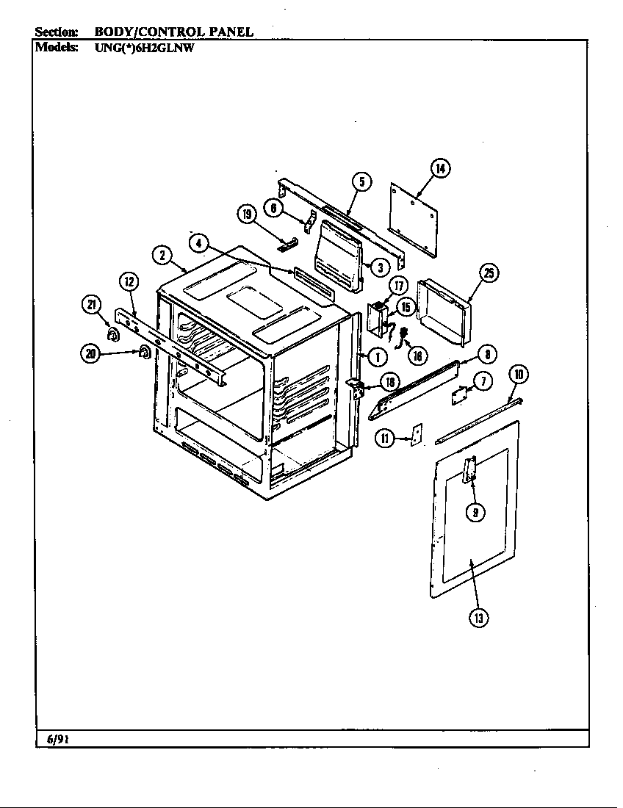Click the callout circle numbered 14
pyautogui.click(x=439, y=170)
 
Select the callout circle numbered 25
pyautogui.click(x=489, y=274)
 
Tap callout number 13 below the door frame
pyautogui.click(x=479, y=618)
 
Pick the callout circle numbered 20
pyautogui.click(x=91, y=354)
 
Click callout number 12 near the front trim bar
pyautogui.click(x=128, y=281)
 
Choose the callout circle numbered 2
pyautogui.click(x=162, y=255)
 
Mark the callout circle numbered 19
pyautogui.click(x=246, y=214)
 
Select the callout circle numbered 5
pyautogui.click(x=361, y=181)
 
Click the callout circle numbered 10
pyautogui.click(x=519, y=375)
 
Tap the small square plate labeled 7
pyautogui.click(x=461, y=395)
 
